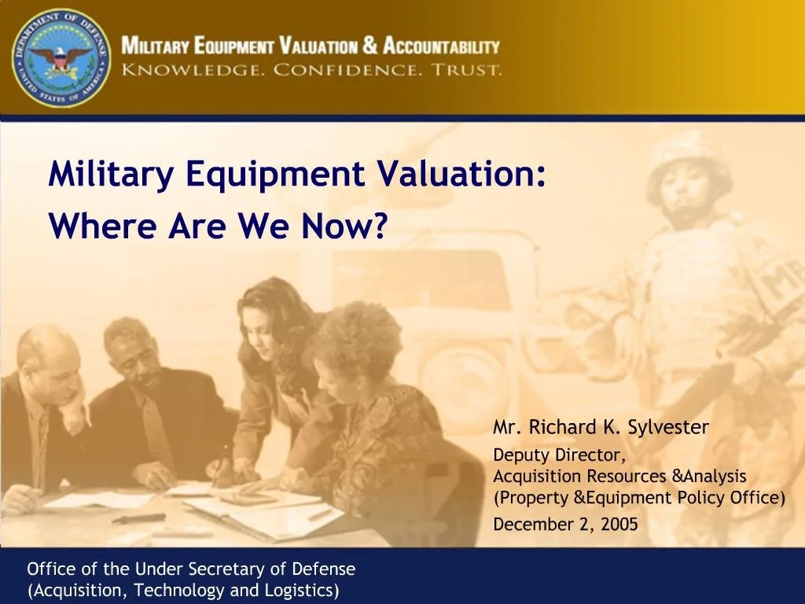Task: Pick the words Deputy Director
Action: [560, 455]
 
